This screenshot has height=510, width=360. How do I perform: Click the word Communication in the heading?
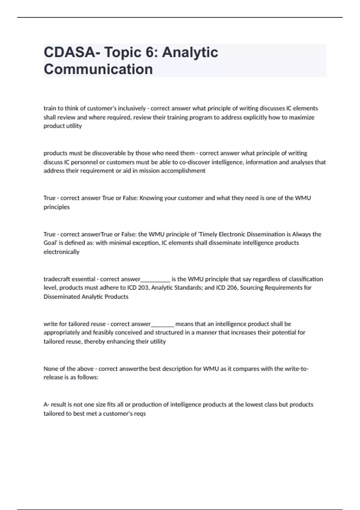pyautogui.click(x=98, y=69)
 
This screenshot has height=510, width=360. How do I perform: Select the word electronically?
pyautogui.click(x=61, y=252)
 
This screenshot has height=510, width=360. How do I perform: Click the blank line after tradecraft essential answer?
pyautogui.click(x=155, y=280)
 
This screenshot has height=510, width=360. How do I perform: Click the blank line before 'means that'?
pyautogui.click(x=162, y=325)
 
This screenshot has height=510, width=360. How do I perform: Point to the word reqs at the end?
pyautogui.click(x=140, y=414)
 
